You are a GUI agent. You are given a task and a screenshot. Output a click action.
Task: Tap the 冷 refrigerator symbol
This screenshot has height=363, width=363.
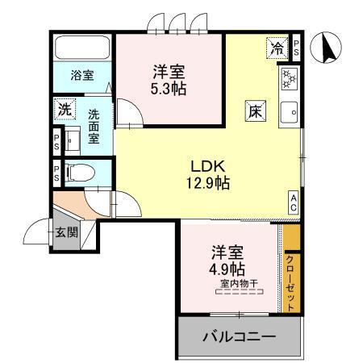(x=277, y=48)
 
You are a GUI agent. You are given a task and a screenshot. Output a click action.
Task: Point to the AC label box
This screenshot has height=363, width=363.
(x=294, y=202)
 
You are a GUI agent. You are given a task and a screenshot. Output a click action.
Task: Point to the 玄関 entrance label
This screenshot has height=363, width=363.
(x=66, y=233)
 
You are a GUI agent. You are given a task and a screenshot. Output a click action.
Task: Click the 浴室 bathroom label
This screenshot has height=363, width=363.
(x=81, y=76)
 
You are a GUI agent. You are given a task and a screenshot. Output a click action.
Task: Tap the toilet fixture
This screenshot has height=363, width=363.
(x=78, y=172)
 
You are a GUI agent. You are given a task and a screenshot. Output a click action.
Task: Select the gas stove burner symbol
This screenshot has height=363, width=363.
(x=288, y=79)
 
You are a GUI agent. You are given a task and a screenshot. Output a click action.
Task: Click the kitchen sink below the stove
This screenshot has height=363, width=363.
(x=288, y=111)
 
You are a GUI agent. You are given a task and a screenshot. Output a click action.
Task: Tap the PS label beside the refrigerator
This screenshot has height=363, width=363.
(x=297, y=48)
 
